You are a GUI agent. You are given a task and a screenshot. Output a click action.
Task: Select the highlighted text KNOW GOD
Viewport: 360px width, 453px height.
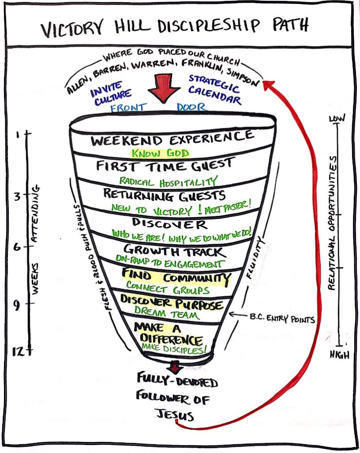point(160,154)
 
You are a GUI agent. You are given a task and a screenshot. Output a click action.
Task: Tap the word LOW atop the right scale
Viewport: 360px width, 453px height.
point(337,119)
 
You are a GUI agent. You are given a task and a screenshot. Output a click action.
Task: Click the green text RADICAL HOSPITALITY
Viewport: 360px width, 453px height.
point(168,181)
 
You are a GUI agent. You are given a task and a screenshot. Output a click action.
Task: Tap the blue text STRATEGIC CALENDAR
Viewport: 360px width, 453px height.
point(216,90)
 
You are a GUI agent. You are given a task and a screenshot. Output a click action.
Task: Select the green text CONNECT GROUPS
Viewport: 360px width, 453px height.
point(168,290)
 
